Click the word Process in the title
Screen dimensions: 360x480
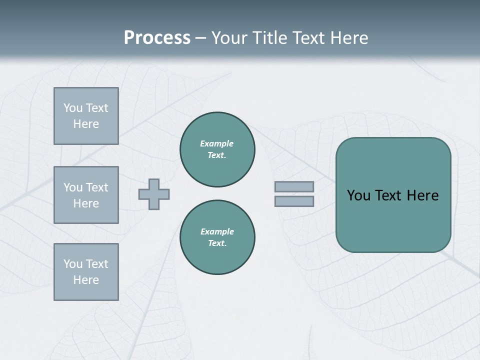157,38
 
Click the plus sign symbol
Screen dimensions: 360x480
154,194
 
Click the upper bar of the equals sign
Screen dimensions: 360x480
294,187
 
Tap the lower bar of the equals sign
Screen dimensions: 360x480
294,201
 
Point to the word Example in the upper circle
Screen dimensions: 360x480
217,143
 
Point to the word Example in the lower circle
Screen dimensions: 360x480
217,231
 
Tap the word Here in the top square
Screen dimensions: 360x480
86,124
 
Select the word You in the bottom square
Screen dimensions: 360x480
73,264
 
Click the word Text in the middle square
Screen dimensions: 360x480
97,187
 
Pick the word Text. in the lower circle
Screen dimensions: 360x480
217,243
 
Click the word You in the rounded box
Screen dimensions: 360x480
358,195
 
